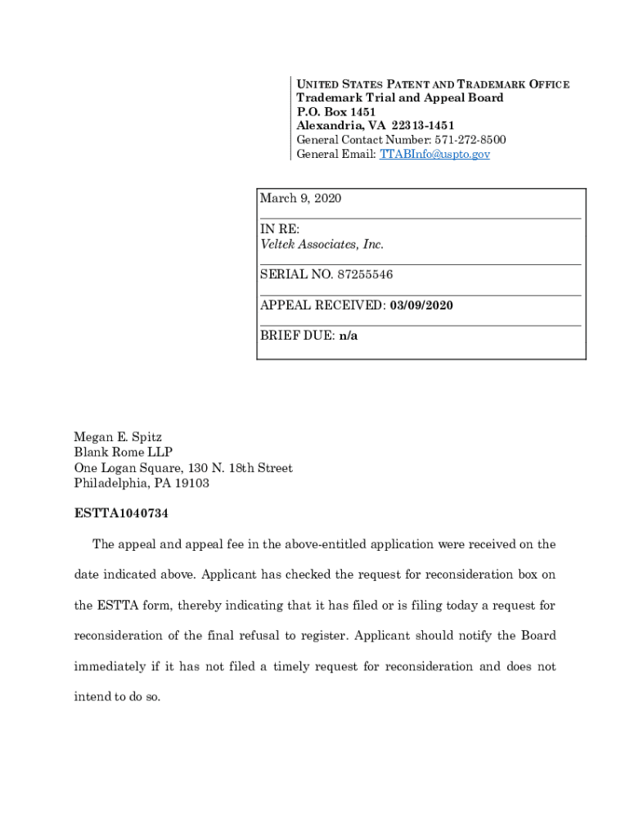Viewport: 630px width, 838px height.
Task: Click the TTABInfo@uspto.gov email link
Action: (434, 154)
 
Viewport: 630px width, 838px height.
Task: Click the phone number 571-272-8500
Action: (470, 140)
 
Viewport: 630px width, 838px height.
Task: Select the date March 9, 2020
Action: (300, 199)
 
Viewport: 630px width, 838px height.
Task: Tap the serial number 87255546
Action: (366, 275)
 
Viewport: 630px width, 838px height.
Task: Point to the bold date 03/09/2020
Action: (421, 305)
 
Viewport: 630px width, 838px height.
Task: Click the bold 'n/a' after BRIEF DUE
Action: (349, 336)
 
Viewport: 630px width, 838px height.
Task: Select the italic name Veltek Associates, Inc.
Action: (322, 245)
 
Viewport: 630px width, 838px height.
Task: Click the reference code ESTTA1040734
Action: (121, 514)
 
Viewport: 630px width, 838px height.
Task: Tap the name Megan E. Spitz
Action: (118, 437)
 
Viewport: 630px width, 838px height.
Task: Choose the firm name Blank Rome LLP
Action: (124, 453)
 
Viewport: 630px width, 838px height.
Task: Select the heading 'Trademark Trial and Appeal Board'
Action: (399, 97)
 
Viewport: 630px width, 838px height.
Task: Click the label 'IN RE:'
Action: (280, 229)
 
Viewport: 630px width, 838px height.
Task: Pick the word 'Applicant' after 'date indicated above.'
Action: (230, 574)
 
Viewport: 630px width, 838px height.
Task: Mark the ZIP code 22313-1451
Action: (422, 125)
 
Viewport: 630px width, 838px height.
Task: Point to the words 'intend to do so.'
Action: (118, 698)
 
